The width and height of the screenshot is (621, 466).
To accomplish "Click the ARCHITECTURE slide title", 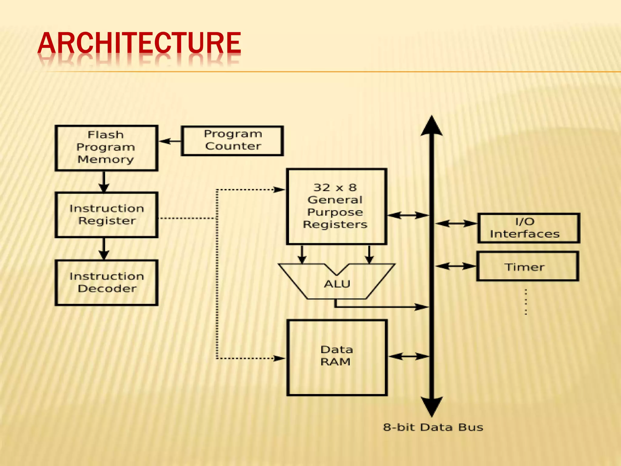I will click(139, 43).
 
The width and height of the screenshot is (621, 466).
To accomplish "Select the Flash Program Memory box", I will click(106, 148).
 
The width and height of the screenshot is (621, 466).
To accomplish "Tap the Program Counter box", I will click(232, 141).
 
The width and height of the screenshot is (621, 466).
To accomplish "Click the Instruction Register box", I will click(106, 214).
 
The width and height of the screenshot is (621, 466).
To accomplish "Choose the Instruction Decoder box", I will click(106, 282).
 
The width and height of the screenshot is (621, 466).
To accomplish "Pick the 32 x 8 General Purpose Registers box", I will click(336, 206).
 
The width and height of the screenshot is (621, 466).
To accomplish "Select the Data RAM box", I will click(337, 357).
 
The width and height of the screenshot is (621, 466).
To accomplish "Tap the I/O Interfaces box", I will click(529, 228).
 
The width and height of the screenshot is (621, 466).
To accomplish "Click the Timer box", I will click(527, 266).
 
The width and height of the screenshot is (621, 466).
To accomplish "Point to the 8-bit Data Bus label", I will click(433, 427).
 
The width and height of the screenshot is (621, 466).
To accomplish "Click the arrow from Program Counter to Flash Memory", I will click(170, 141).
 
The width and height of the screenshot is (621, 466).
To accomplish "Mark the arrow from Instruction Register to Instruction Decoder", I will click(104, 248).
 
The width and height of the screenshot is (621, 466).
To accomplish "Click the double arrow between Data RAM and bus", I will click(408, 356).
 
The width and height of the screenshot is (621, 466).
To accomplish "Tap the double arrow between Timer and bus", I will click(456, 266).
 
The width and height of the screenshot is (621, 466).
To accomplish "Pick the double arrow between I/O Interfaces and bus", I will click(456, 224).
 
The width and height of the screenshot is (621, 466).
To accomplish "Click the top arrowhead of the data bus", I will click(431, 126).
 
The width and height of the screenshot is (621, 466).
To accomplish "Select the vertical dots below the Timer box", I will click(526, 302).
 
